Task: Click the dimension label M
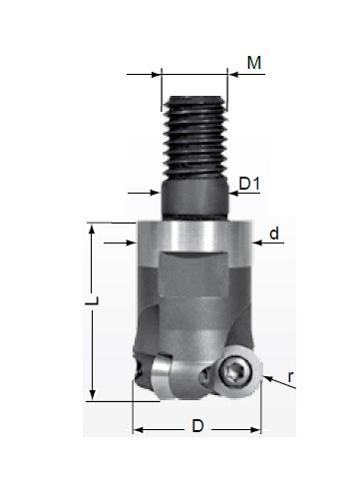coord(254,63)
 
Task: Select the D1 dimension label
coord(249,184)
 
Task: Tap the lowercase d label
coord(274,234)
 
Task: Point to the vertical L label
coord(92,300)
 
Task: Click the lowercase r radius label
coord(291,377)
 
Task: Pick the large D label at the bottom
coord(197,426)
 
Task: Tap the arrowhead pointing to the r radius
coord(268,378)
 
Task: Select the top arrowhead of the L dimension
coord(92,229)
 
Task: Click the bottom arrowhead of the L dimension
coord(93,394)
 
